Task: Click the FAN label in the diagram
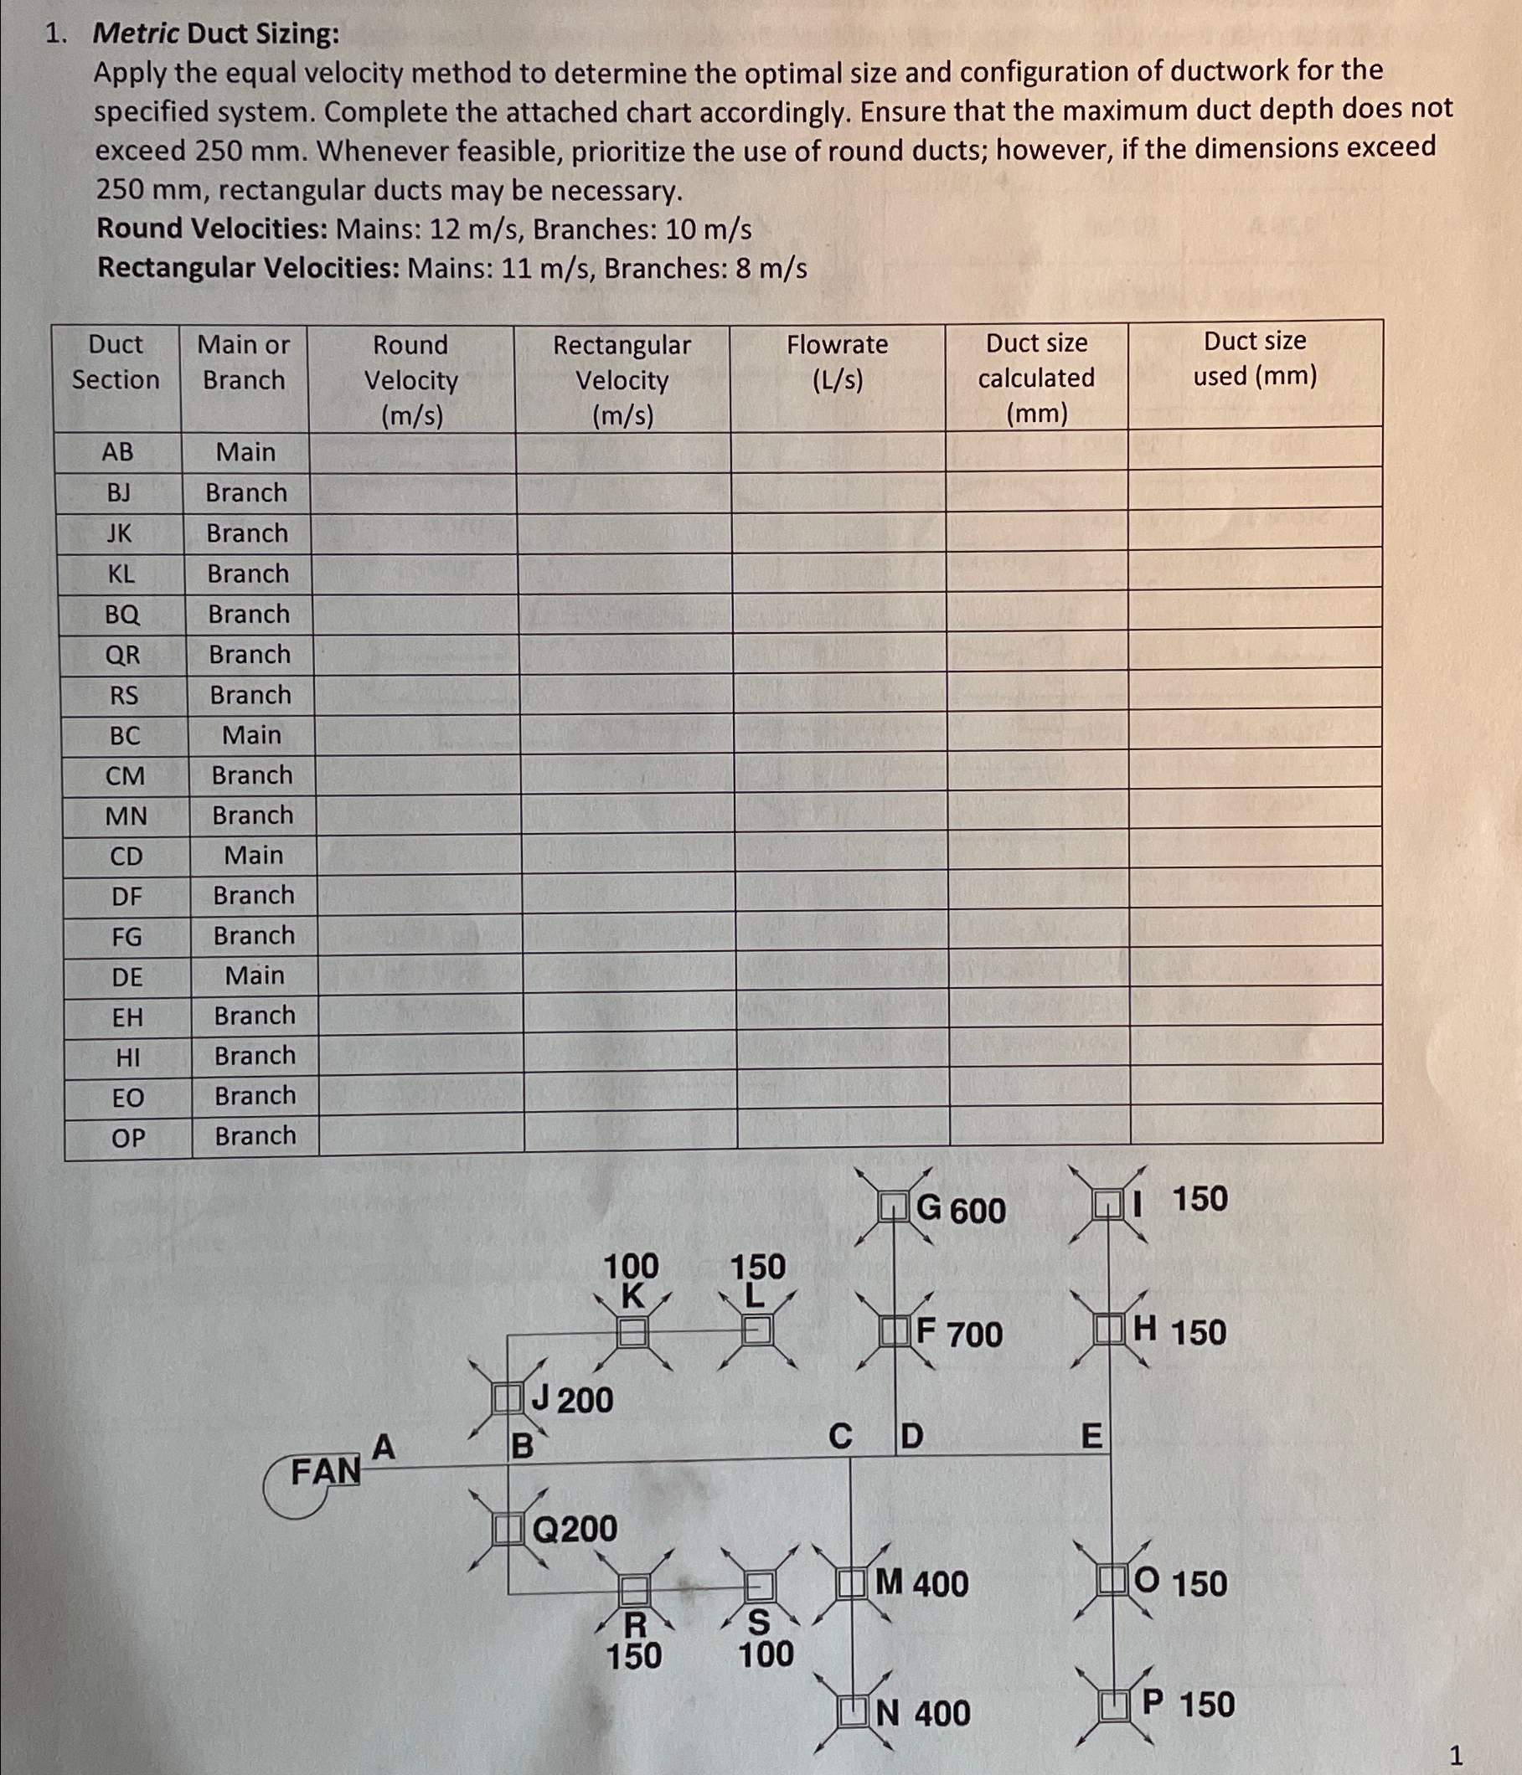325,1472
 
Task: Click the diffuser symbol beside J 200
508,1399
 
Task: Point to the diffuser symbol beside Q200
508,1528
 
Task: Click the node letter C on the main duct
840,1436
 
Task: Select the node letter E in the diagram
1091,1435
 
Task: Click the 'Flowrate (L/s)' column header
838,362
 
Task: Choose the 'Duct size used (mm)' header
1255,358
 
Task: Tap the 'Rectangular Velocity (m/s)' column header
622,379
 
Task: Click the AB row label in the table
117,451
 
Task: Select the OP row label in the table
128,1138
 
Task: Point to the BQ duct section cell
121,615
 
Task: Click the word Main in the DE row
255,975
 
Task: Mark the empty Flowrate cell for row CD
842,855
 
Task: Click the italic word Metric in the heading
136,33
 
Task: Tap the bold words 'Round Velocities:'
213,229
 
